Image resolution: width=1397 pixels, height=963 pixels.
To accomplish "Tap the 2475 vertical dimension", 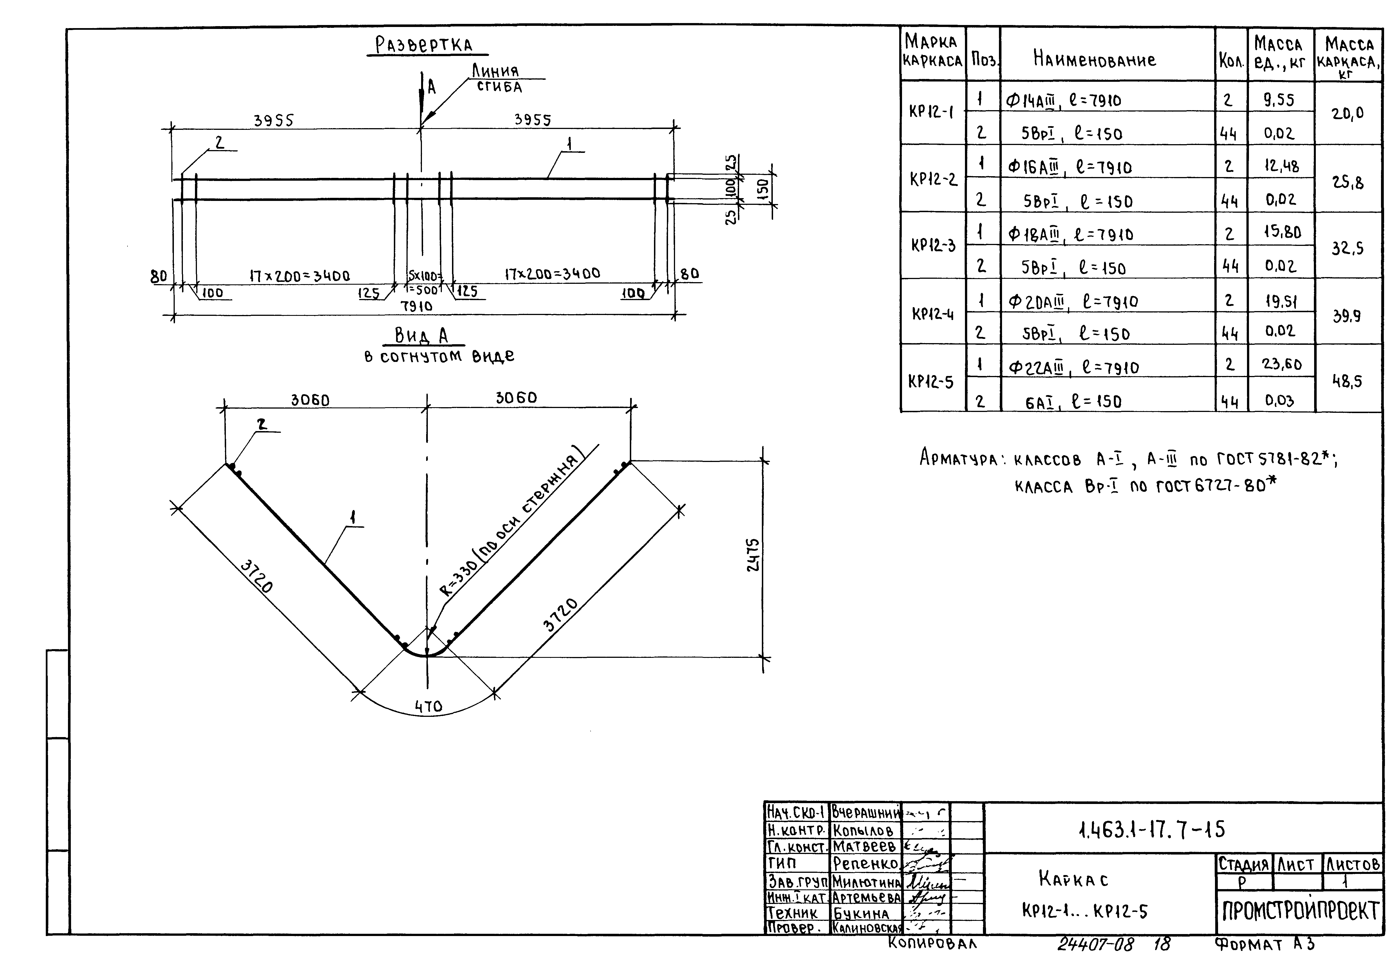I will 754,555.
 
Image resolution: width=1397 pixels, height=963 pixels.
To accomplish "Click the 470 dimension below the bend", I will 429,706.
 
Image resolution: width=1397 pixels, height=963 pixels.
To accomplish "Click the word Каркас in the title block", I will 1074,879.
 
